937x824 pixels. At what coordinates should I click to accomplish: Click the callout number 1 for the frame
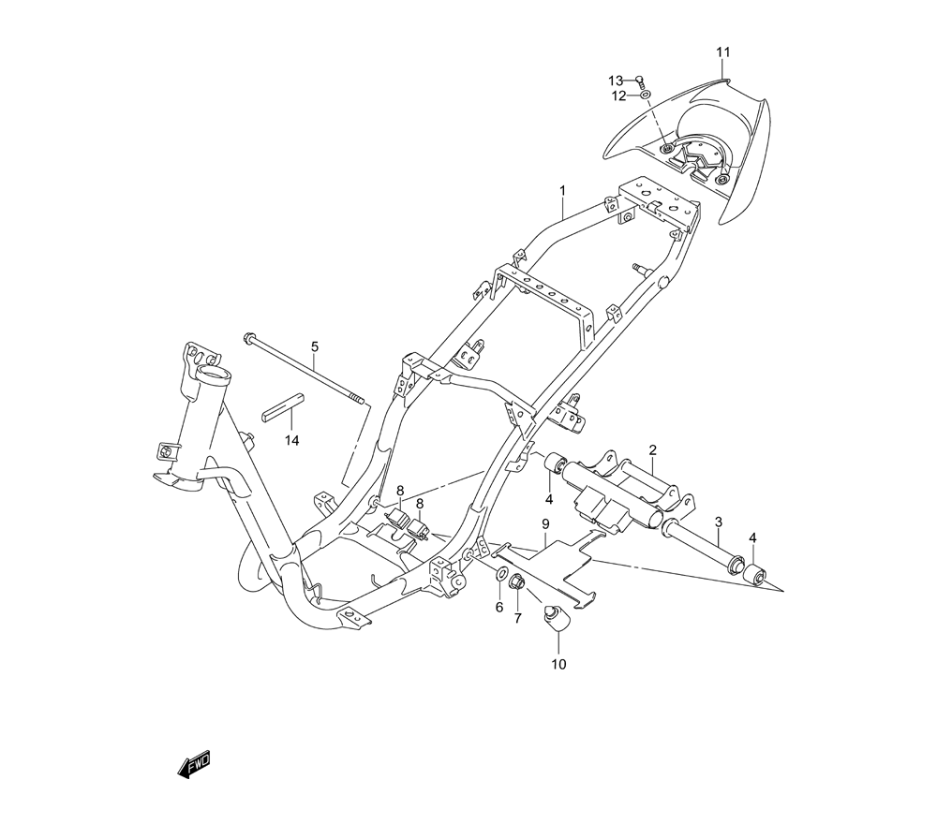562,191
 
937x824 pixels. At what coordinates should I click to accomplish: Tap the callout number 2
652,450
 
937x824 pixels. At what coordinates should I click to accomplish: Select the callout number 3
718,521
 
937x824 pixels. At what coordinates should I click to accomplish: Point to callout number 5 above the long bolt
315,347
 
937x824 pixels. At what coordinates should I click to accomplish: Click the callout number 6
499,607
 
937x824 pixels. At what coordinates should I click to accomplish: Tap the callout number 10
559,666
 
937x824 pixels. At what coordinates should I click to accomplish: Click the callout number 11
722,51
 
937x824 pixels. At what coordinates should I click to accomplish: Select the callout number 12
618,96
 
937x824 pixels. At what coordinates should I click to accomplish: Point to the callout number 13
615,80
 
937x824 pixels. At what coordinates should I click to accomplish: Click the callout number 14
293,440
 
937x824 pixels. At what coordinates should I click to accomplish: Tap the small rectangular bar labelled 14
284,409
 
